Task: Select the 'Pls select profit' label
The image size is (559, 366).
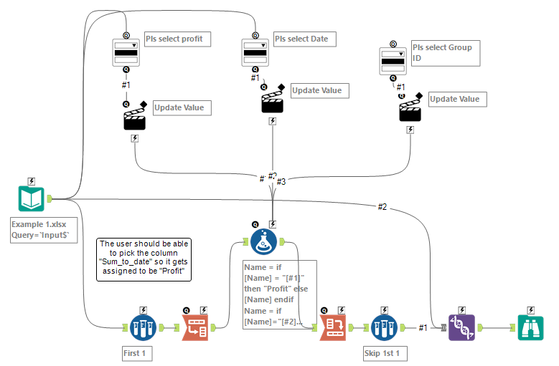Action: tap(177, 39)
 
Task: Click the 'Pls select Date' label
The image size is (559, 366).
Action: tap(304, 38)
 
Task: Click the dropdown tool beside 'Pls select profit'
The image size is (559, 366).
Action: tap(126, 53)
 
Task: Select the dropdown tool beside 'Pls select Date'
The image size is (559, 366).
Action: tap(255, 53)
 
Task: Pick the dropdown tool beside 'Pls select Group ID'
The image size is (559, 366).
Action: tap(393, 62)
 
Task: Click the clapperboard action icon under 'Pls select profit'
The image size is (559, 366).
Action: tap(135, 116)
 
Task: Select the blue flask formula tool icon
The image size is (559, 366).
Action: tap(264, 242)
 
